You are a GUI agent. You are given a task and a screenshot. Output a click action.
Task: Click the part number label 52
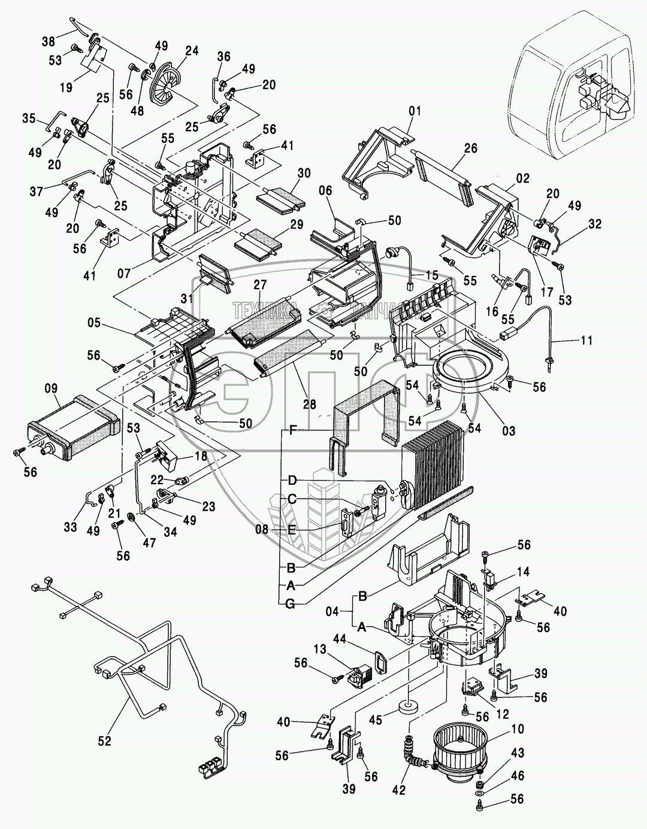coord(104,741)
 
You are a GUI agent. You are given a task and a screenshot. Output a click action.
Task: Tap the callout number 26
coord(471,148)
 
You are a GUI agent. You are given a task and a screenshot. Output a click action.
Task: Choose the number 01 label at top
coord(415,111)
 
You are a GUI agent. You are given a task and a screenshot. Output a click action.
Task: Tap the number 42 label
coord(400,790)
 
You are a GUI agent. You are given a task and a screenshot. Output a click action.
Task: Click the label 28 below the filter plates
coord(310,405)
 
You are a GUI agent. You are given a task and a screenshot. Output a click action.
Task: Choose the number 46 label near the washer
coord(517,776)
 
